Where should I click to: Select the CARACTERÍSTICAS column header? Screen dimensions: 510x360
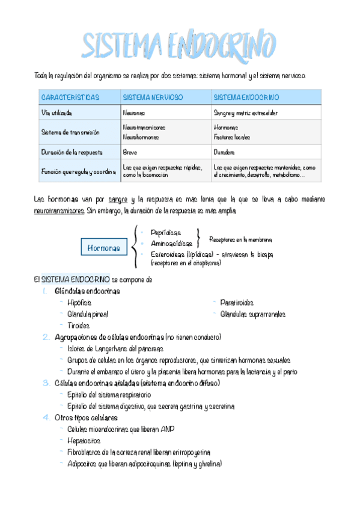tap(70, 97)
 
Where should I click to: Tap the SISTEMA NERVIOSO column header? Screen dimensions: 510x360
tap(153, 97)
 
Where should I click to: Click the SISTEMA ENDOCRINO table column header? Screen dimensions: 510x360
tap(246, 97)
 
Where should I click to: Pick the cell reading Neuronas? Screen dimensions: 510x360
tap(133, 112)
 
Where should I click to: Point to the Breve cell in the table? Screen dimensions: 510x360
tap(130, 152)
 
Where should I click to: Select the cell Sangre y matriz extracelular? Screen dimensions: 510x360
tap(246, 112)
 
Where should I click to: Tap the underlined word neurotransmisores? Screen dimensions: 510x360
tap(59, 211)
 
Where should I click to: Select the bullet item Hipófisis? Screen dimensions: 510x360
tap(80, 303)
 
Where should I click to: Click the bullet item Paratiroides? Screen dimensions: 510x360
tap(237, 303)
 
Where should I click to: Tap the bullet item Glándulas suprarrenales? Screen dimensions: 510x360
tap(252, 314)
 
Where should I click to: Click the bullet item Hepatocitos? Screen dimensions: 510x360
tap(84, 440)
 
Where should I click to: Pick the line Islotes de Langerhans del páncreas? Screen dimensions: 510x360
tap(115, 349)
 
